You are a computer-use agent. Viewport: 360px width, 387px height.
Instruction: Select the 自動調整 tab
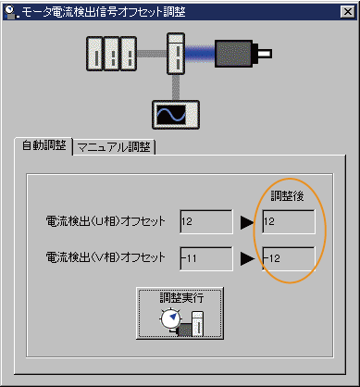click(x=43, y=147)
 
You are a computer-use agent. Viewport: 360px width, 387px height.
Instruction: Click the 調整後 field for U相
click(x=288, y=222)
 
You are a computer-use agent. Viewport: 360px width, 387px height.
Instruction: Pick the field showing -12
click(x=288, y=257)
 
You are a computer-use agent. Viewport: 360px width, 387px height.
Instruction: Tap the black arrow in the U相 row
click(x=246, y=222)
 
